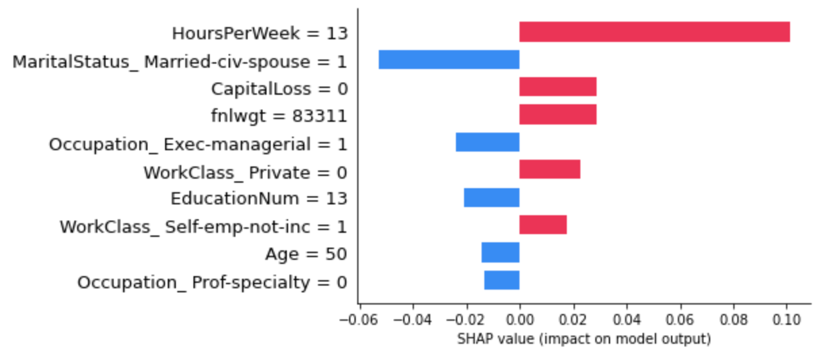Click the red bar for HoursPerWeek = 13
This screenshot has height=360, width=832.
[x=654, y=32]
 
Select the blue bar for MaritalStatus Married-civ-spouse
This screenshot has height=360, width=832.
[x=448, y=60]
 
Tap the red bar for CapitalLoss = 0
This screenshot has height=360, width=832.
[x=557, y=87]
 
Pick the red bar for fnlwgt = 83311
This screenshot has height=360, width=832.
[x=557, y=115]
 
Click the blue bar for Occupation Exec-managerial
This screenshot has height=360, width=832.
[x=487, y=143]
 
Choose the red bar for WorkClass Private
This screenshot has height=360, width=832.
[x=549, y=170]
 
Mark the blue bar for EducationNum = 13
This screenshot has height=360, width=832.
[x=491, y=198]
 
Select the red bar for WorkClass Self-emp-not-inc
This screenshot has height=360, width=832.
[x=542, y=225]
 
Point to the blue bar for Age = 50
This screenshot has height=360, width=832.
[x=500, y=253]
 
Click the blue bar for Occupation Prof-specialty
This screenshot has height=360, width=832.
[x=501, y=280]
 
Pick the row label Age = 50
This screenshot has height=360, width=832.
[x=306, y=254]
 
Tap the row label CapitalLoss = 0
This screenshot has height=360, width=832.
[x=279, y=89]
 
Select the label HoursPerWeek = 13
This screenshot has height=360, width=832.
[x=259, y=33]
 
